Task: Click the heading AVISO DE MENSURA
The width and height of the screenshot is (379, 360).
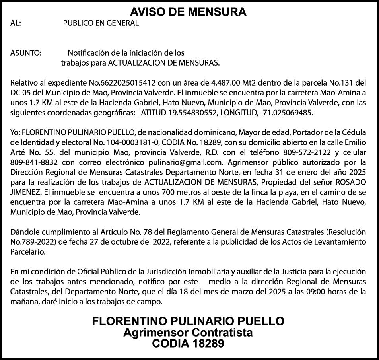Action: point(189,12)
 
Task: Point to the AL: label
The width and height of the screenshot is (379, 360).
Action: point(16,23)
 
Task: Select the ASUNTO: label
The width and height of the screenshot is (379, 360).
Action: point(26,53)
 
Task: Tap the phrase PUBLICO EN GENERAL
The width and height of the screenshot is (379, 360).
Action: point(101,23)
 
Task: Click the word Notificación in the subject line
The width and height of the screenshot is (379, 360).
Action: point(88,53)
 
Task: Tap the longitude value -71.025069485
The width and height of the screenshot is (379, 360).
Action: point(286,113)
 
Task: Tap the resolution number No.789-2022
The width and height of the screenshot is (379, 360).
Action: point(30,242)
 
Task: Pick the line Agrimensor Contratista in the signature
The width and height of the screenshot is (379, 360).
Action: point(188,333)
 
